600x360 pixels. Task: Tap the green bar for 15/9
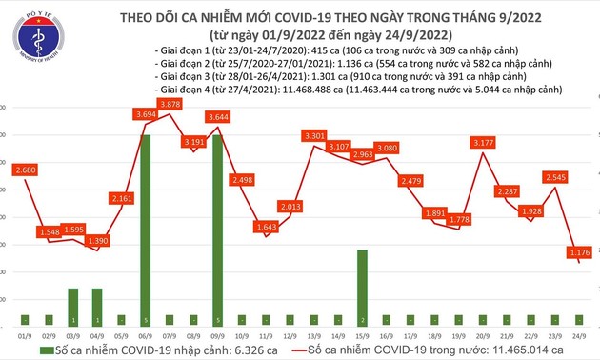click(x=364, y=286)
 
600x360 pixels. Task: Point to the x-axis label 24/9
click(x=580, y=334)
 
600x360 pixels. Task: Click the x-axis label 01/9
click(x=26, y=334)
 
